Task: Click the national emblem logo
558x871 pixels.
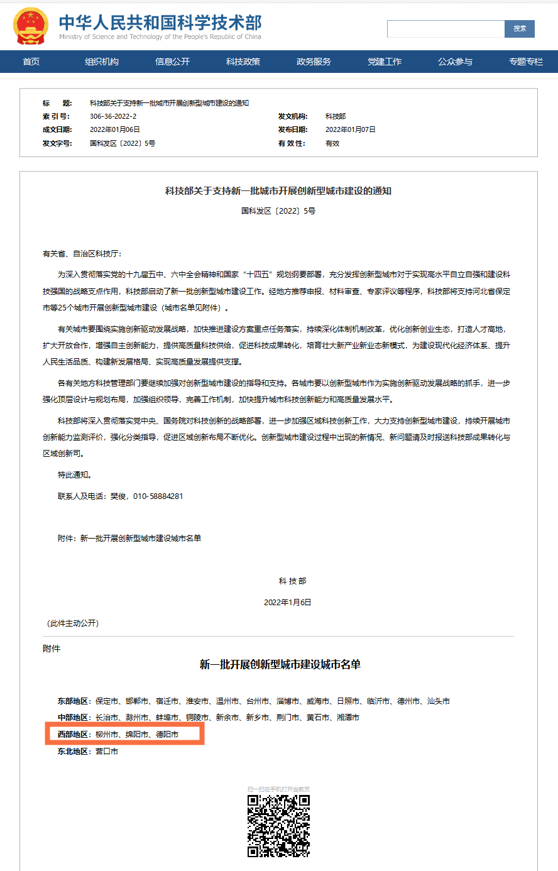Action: coord(30,26)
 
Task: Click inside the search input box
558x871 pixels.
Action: coord(446,29)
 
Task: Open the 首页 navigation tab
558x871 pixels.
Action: coord(31,62)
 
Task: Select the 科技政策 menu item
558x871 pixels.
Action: coord(243,62)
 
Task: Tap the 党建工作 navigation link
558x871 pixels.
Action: coord(385,62)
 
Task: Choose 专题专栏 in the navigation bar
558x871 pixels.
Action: coord(526,62)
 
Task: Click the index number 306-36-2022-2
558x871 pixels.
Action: coord(113,116)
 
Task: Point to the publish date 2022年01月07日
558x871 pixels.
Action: coord(350,129)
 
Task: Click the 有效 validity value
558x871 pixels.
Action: coord(332,143)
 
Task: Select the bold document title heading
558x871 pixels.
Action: coord(278,190)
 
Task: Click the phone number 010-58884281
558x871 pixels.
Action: coord(158,496)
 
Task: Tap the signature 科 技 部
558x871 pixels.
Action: coord(292,581)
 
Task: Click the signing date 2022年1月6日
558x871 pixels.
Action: coord(287,602)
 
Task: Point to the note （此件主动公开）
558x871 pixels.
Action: coord(73,623)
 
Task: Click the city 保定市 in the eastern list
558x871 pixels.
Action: coord(107,701)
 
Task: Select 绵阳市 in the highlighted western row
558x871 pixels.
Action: coord(137,734)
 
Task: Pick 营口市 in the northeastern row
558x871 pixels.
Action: coord(107,752)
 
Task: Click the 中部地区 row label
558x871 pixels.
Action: coord(73,718)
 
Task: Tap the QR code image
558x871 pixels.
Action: coord(278,826)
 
